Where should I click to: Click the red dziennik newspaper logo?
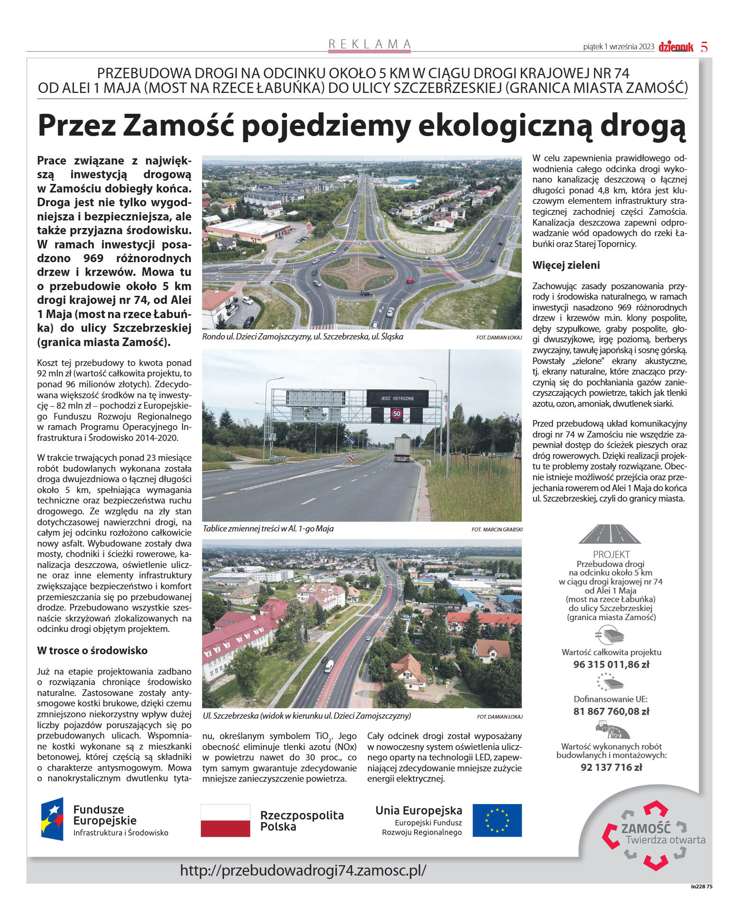click(x=675, y=46)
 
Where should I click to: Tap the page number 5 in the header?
click(x=704, y=46)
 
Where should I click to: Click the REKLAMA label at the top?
click(x=369, y=44)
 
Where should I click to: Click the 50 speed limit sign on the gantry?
click(x=397, y=413)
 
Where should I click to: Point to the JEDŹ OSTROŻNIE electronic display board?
click(x=397, y=398)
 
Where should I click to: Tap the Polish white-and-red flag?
click(x=225, y=820)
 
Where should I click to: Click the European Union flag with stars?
click(x=497, y=820)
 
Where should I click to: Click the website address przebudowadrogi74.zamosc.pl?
click(x=303, y=870)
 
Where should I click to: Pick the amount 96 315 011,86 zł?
click(x=611, y=664)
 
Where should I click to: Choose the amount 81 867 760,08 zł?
click(x=611, y=711)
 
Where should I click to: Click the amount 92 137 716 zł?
click(x=611, y=767)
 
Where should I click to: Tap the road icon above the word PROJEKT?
click(x=610, y=533)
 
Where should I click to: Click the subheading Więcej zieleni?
click(x=566, y=265)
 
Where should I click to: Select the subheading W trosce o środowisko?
click(x=92, y=650)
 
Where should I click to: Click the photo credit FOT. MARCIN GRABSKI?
click(x=497, y=529)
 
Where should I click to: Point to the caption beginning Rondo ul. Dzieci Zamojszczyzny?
click(x=303, y=337)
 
